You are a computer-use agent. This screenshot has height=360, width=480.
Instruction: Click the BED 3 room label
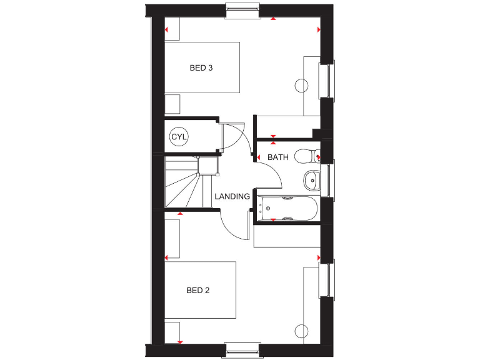click(201, 67)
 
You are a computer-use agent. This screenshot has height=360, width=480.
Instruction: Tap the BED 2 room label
click(197, 290)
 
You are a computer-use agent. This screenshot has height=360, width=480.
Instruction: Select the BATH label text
click(278, 157)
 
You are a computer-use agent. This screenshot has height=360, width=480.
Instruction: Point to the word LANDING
click(232, 196)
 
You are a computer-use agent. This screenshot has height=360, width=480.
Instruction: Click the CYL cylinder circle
click(179, 136)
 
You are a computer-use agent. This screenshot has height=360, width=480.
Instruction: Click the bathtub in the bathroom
click(288, 209)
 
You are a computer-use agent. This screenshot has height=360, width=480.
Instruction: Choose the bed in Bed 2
click(200, 290)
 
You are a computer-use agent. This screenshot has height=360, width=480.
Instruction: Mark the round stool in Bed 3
click(302, 85)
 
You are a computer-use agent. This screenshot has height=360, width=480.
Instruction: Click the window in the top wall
click(242, 10)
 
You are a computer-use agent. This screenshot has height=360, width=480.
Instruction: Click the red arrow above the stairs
click(180, 214)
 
